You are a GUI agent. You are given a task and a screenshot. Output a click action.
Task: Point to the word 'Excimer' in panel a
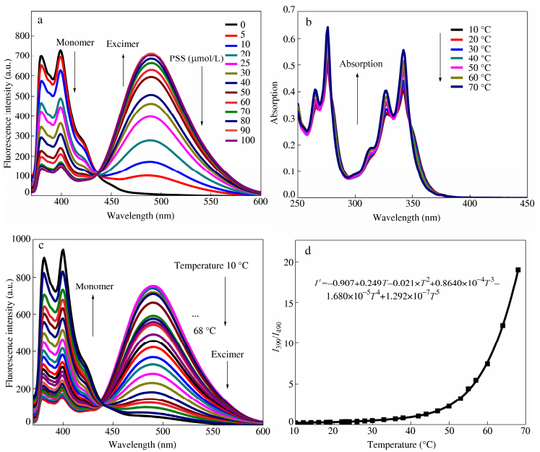pos(123,44)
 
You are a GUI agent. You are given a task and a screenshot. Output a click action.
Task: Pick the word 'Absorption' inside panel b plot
pos(361,64)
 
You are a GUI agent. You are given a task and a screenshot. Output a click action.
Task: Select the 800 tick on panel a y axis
pos(22,35)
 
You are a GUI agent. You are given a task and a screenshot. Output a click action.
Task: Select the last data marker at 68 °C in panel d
pos(518,270)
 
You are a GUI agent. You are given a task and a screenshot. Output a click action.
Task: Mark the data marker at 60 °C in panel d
pos(487,364)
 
